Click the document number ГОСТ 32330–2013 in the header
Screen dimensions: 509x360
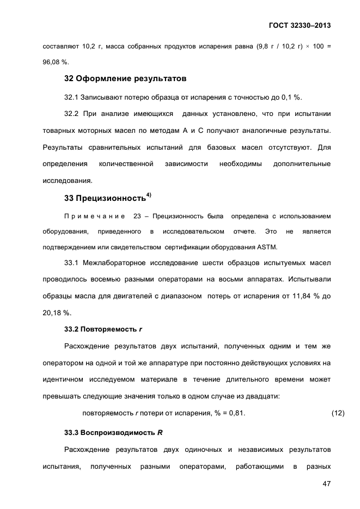pos(300,25)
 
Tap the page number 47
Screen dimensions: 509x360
pos(326,484)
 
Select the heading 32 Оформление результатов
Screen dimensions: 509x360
pos(125,78)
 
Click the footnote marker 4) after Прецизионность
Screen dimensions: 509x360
pos(149,194)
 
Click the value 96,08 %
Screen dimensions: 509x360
pos(56,62)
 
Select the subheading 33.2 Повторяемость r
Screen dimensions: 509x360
pos(103,329)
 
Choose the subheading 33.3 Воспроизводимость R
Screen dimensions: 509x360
pos(113,433)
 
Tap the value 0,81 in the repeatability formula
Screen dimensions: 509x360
pos(236,414)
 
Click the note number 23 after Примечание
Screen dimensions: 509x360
pos(137,216)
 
